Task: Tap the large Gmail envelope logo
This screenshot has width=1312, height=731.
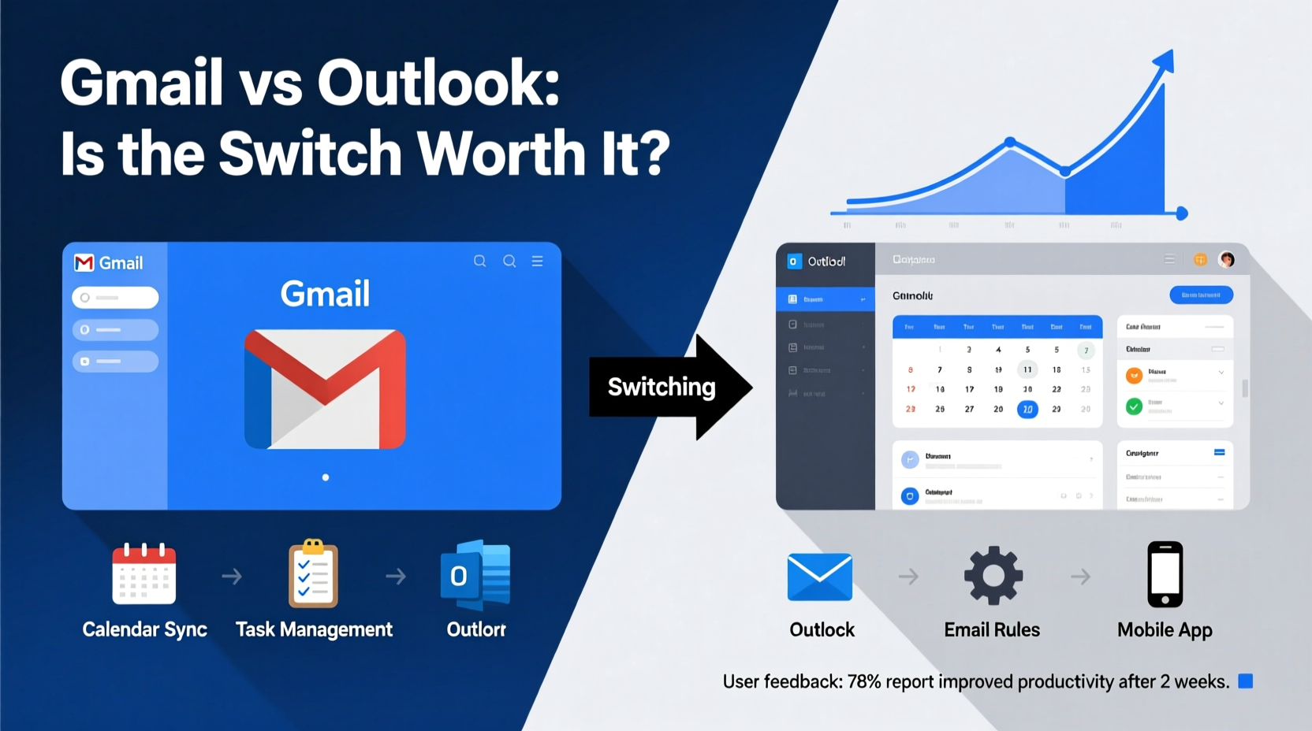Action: click(x=325, y=389)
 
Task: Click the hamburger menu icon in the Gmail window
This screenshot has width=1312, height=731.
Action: click(x=537, y=262)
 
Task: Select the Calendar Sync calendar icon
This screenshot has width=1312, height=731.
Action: click(x=144, y=574)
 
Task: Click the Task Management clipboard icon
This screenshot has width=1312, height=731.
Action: click(x=313, y=574)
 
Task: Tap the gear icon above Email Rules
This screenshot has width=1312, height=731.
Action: click(x=993, y=575)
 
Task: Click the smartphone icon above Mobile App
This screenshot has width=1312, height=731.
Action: click(x=1165, y=574)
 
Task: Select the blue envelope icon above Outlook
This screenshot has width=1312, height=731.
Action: click(x=820, y=577)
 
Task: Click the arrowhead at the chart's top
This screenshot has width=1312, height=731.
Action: click(x=1165, y=61)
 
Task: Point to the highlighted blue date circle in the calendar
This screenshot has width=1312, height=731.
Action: click(x=1027, y=409)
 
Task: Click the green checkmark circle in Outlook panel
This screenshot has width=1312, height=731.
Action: click(x=1134, y=406)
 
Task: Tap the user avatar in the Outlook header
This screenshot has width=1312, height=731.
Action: click(x=1226, y=260)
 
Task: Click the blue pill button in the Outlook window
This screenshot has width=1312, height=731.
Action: click(x=1201, y=295)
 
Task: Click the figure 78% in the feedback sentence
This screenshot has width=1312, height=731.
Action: click(x=864, y=682)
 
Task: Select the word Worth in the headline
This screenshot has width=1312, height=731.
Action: click(x=501, y=153)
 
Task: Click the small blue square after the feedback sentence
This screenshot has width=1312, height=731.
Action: click(x=1246, y=681)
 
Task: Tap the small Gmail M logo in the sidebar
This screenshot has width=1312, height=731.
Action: click(x=84, y=263)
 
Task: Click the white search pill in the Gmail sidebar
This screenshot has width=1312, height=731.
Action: click(x=115, y=298)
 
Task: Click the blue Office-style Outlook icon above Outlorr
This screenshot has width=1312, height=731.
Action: click(x=475, y=575)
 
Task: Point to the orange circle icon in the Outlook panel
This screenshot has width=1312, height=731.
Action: click(x=1134, y=376)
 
